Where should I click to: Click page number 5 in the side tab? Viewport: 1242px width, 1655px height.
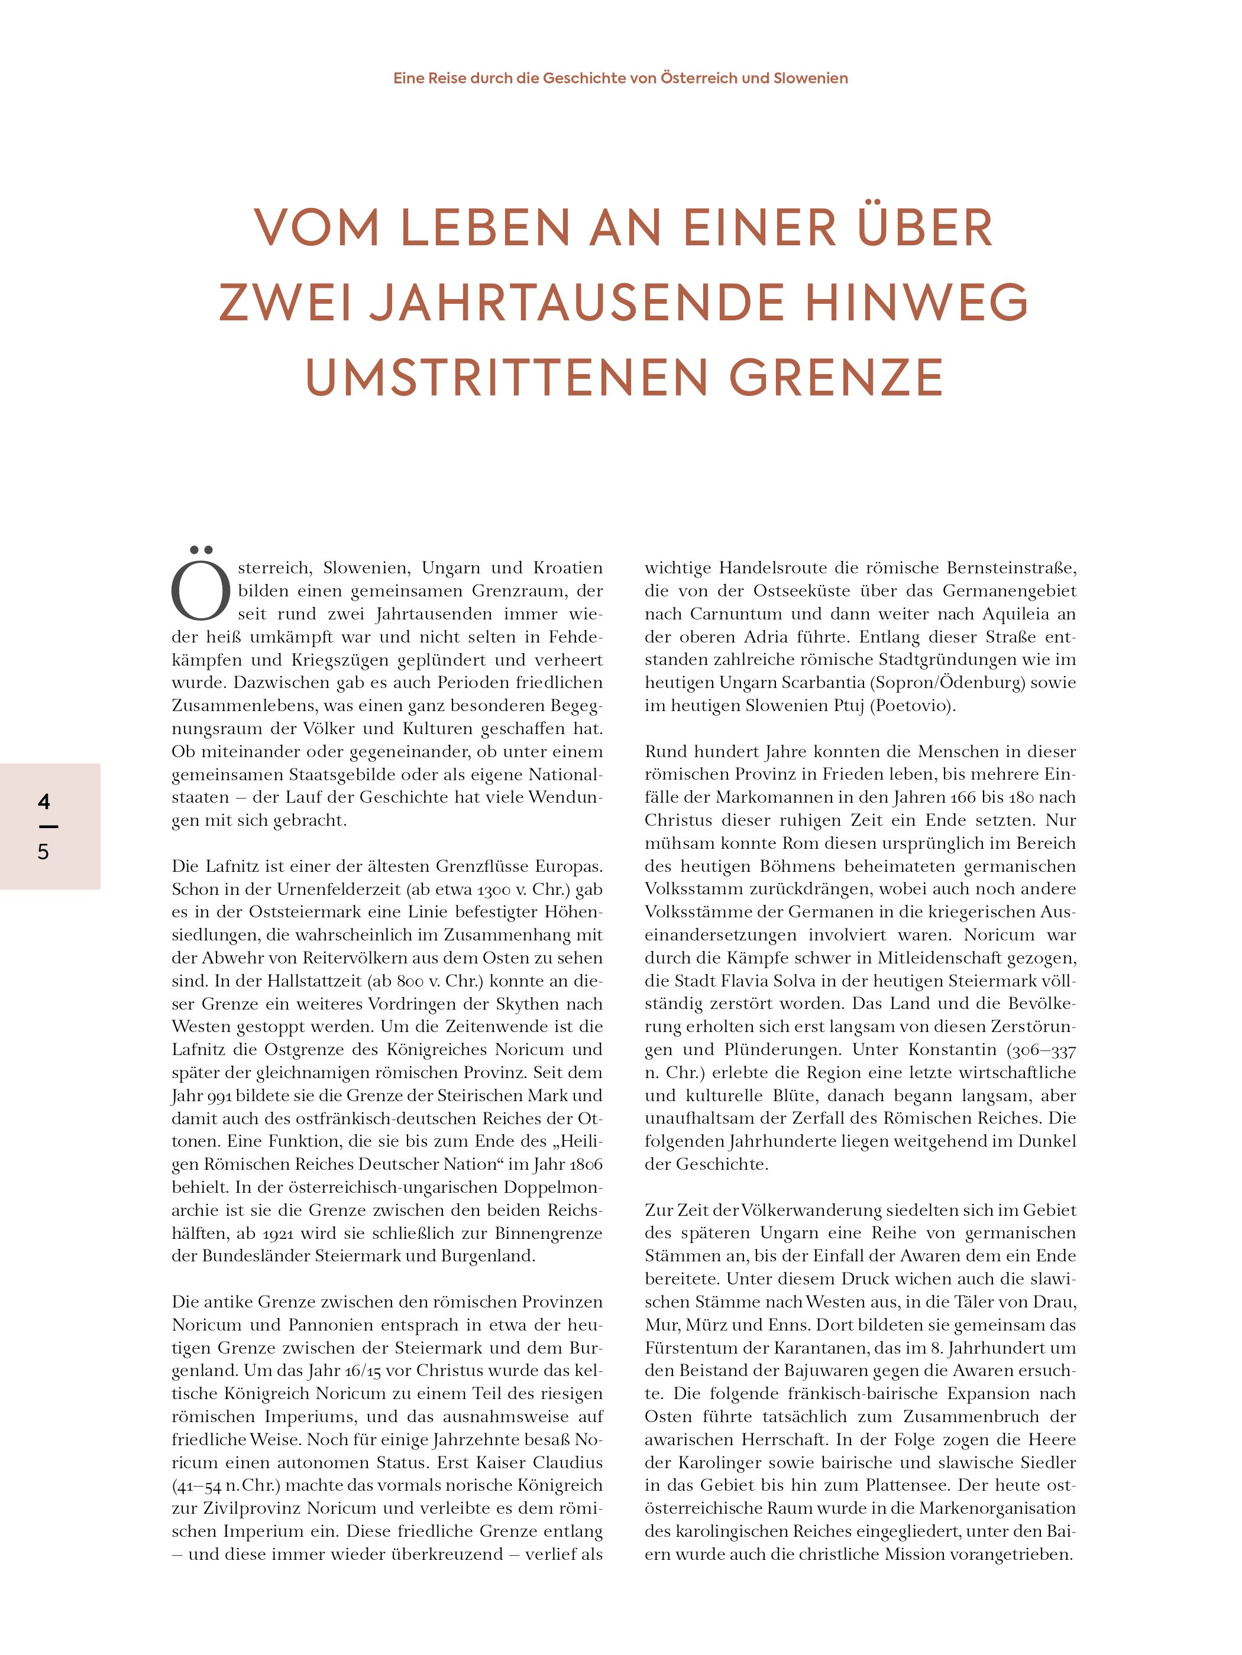point(43,852)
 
